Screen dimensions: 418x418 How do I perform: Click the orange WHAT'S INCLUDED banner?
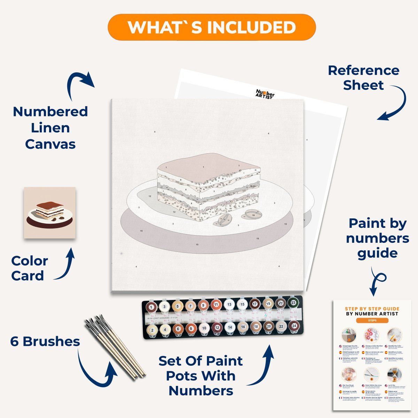click(211, 27)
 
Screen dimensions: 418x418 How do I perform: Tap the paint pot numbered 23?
click(293, 303)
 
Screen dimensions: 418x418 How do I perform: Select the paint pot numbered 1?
click(151, 307)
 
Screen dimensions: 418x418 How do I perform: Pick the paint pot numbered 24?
click(294, 326)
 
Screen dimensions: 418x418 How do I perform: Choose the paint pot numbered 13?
click(229, 304)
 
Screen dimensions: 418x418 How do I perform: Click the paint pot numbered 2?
click(152, 330)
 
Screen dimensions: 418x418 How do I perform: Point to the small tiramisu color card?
click(50, 213)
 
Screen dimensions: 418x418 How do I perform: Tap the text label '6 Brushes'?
click(45, 341)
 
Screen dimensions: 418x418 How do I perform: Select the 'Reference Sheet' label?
click(363, 78)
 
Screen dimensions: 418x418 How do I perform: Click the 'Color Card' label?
click(29, 268)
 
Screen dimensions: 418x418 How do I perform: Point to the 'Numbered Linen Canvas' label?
click(50, 128)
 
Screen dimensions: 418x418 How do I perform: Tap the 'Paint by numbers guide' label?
click(378, 238)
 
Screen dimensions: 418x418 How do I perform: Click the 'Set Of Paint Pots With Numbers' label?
click(201, 376)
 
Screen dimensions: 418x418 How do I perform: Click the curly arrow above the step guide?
click(377, 282)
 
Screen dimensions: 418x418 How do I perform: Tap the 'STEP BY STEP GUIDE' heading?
click(372, 309)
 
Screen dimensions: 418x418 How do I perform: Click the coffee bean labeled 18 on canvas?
click(253, 215)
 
